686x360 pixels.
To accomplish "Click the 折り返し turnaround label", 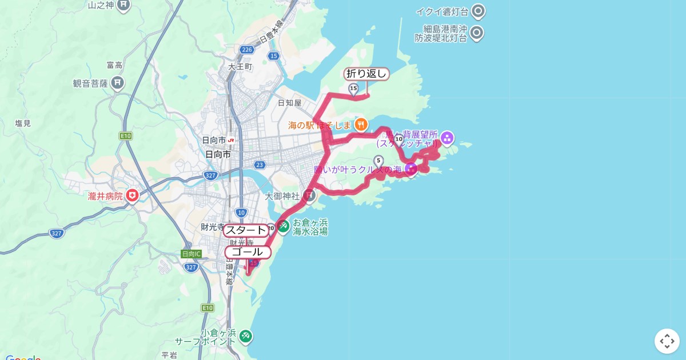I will click(x=367, y=74).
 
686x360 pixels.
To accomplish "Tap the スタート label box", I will click(x=245, y=230).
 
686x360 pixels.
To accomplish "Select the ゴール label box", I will click(x=248, y=252).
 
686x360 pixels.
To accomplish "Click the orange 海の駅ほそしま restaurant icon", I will click(x=361, y=124).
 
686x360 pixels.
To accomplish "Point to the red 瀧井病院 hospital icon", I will click(x=133, y=196).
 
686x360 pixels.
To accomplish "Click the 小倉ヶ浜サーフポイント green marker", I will click(x=246, y=335).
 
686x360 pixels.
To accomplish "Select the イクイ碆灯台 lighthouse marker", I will click(x=477, y=11).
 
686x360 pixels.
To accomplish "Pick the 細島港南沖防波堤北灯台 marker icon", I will click(x=476, y=33).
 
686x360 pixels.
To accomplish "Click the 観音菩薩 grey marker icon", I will click(x=118, y=83).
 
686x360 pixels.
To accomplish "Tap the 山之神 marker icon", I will click(x=124, y=6).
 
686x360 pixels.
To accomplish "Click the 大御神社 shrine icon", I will click(x=309, y=196).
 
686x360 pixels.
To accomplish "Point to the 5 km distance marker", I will click(x=378, y=161).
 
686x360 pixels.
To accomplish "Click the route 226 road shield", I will click(x=246, y=50).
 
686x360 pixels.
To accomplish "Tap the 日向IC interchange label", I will click(x=191, y=254).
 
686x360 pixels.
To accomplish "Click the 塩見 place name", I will click(x=23, y=123).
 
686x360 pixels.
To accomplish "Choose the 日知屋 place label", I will click(x=289, y=103).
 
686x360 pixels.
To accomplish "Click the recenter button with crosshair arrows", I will click(x=667, y=341).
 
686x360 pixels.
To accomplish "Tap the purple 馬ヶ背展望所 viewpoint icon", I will click(x=447, y=137).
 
